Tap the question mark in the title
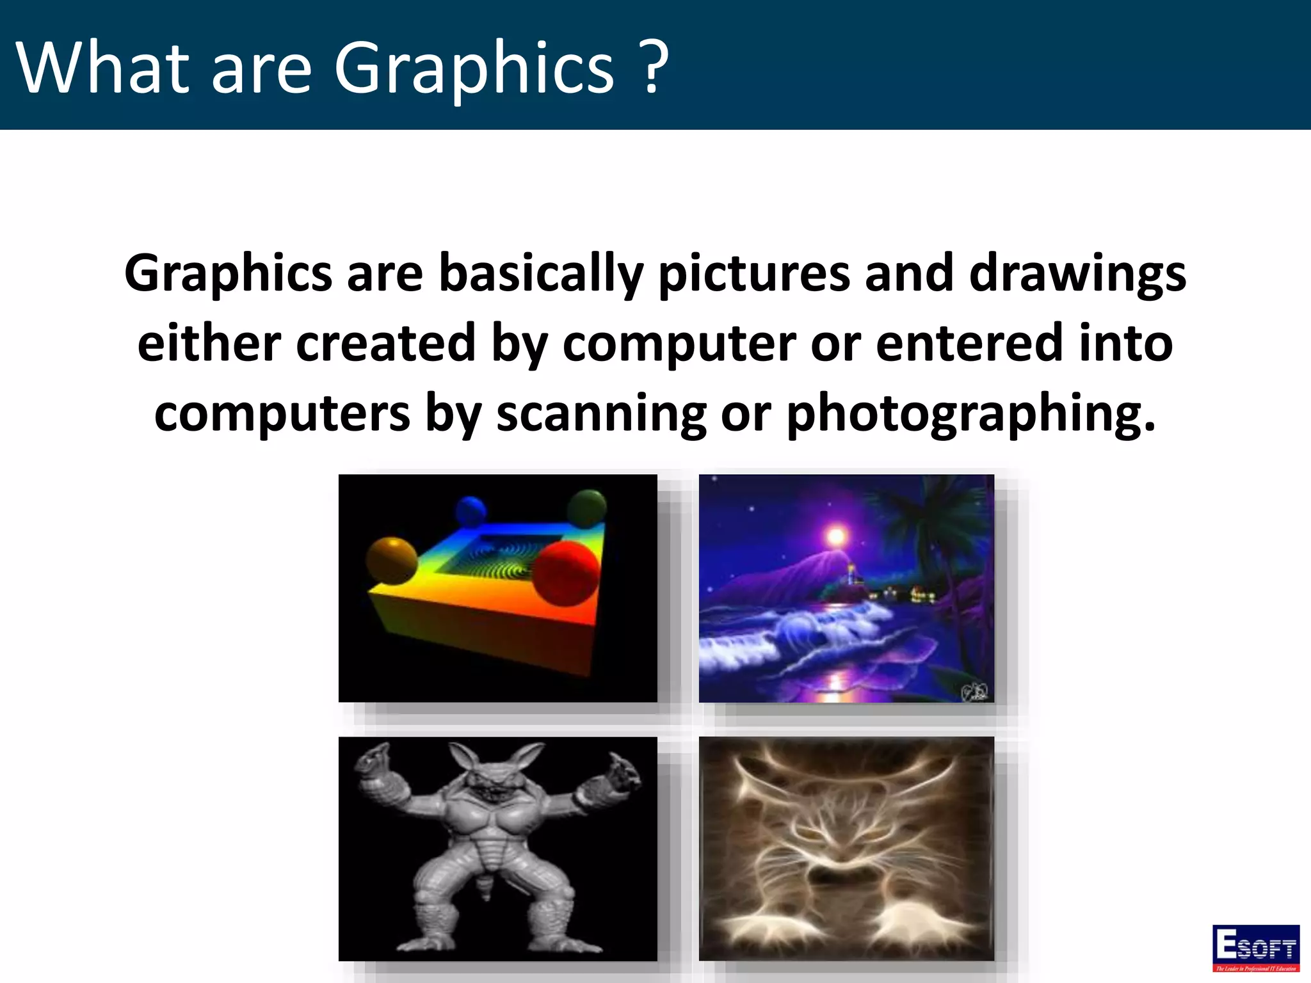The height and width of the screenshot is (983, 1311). [x=654, y=67]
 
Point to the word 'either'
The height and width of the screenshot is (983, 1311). [x=209, y=343]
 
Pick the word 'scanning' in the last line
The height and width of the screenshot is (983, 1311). [x=601, y=413]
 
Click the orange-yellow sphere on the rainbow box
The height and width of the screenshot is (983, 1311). [x=392, y=561]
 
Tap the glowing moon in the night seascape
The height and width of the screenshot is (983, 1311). [x=835, y=535]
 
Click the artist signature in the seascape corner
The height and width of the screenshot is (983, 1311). [x=974, y=692]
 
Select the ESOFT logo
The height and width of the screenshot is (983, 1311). [x=1255, y=947]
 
